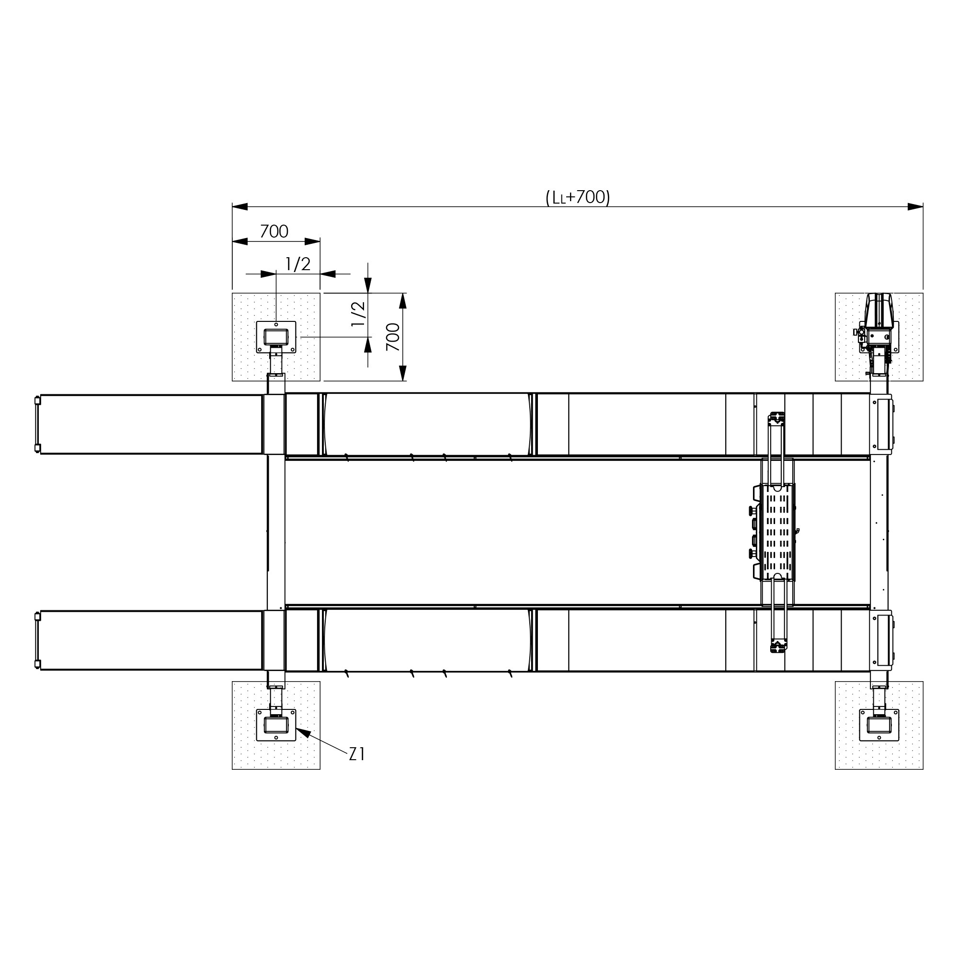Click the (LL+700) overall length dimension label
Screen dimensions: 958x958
(x=578, y=197)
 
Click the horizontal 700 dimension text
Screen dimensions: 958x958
(x=274, y=231)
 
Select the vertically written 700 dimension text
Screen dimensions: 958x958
(x=393, y=337)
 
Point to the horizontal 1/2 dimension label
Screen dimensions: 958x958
(x=298, y=264)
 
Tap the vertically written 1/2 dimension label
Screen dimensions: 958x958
(x=358, y=314)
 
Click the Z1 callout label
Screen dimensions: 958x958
(x=357, y=754)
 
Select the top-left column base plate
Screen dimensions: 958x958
(x=276, y=337)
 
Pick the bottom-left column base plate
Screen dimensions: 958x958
(x=276, y=725)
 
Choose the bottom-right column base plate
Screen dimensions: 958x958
(x=879, y=725)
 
